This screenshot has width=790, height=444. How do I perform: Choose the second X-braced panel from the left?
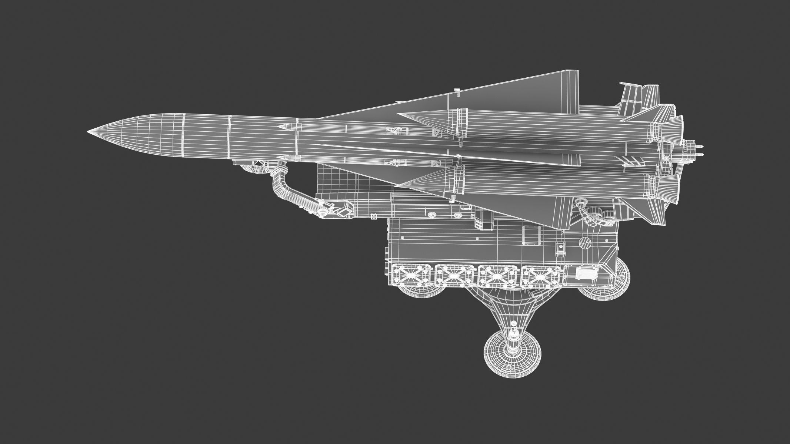click(454, 276)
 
